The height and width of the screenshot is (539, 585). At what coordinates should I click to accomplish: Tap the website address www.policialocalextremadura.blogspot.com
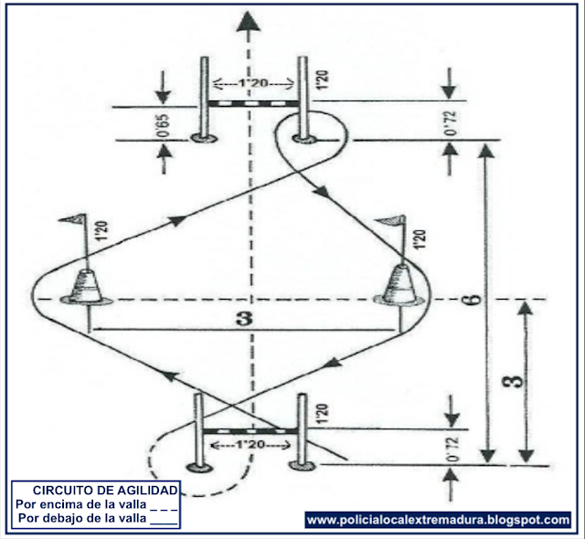[x=438, y=520]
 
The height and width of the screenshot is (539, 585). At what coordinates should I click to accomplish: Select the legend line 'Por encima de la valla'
[x=97, y=503]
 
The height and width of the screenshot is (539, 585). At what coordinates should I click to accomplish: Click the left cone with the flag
[x=87, y=288]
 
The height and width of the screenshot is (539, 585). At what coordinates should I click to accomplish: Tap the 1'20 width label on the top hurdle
[x=251, y=85]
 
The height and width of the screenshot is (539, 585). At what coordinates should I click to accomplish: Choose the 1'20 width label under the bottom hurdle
[x=250, y=445]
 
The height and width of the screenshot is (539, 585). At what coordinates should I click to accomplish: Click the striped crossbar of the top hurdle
[x=251, y=103]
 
